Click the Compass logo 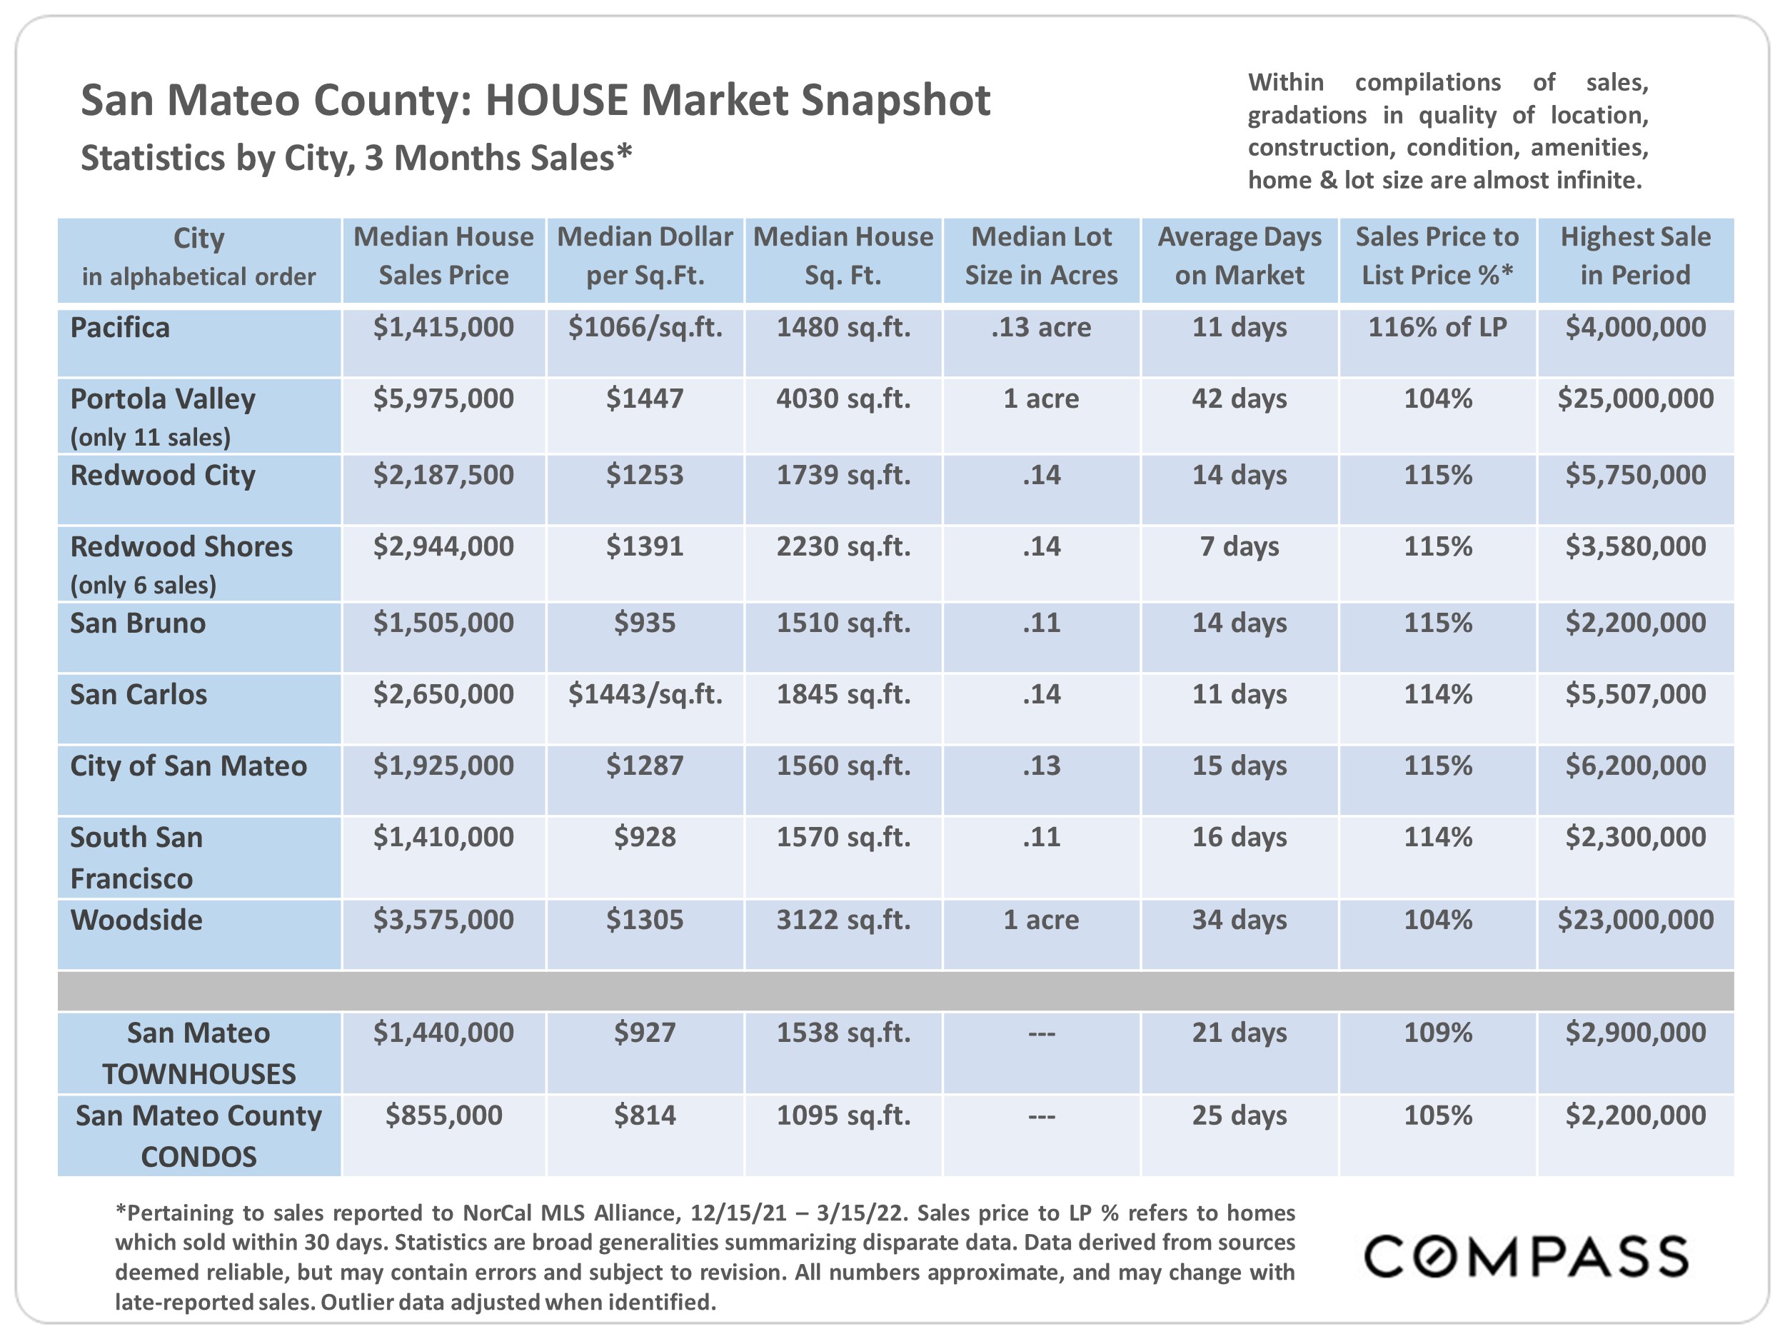pyautogui.click(x=1525, y=1257)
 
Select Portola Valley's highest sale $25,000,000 pyautogui.click(x=1635, y=398)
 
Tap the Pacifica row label pyautogui.click(x=120, y=328)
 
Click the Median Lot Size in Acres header pyautogui.click(x=1041, y=256)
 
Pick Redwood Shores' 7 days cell pyautogui.click(x=1239, y=546)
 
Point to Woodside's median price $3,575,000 pyautogui.click(x=443, y=919)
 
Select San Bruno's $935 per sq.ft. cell pyautogui.click(x=644, y=623)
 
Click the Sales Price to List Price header pyautogui.click(x=1437, y=256)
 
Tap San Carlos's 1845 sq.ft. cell pyautogui.click(x=843, y=694)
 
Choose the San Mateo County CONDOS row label pyautogui.click(x=198, y=1135)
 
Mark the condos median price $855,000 pyautogui.click(x=443, y=1115)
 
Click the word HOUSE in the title pyautogui.click(x=556, y=101)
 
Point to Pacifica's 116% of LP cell pyautogui.click(x=1437, y=328)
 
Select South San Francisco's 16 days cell pyautogui.click(x=1239, y=837)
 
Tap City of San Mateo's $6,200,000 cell pyautogui.click(x=1635, y=766)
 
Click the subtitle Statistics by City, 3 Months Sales pyautogui.click(x=355, y=159)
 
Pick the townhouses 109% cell pyautogui.click(x=1437, y=1033)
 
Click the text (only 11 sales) pyautogui.click(x=150, y=438)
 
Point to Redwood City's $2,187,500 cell pyautogui.click(x=443, y=476)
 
